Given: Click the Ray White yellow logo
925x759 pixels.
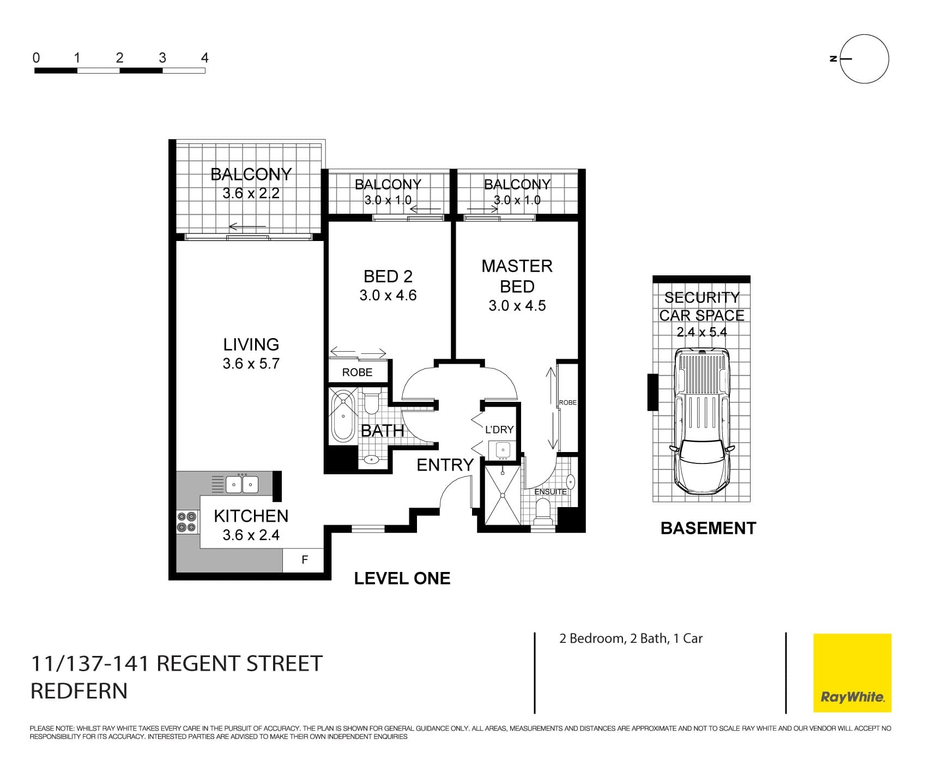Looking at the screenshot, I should (852, 672).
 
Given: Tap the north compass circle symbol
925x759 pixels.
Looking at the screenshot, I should (864, 59).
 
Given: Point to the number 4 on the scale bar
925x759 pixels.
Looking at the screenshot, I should (204, 58).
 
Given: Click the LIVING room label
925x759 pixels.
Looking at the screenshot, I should (251, 345).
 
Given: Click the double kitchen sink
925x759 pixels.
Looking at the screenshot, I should (242, 484).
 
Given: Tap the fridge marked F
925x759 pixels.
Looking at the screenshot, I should (305, 560).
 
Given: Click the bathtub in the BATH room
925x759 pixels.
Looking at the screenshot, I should (343, 415).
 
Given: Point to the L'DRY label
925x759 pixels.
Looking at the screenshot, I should (499, 430).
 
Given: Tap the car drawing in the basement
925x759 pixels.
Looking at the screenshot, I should (701, 420).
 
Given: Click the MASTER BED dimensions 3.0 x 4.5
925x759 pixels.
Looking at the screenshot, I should (517, 306).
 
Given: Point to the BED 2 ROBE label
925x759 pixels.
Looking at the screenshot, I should (357, 372).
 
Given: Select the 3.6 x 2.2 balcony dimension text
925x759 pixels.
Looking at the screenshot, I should (251, 194).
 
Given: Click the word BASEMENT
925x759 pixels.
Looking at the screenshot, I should (708, 528).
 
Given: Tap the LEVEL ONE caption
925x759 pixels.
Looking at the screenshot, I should (402, 579).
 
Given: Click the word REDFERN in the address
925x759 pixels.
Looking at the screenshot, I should (79, 691).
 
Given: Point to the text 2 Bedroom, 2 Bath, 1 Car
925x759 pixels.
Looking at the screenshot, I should (631, 638).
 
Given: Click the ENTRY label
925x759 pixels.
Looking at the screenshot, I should (445, 465).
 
